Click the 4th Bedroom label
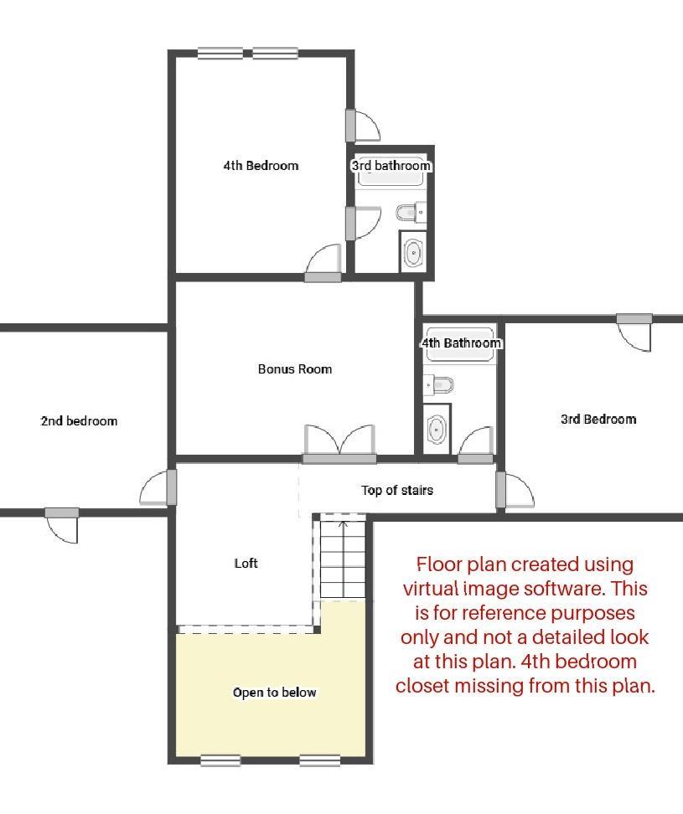point(261,166)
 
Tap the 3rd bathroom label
point(391,166)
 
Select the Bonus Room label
point(294,369)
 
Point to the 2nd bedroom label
point(79,421)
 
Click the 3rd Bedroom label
point(598,420)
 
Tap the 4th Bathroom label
point(461,343)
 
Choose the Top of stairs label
point(397,490)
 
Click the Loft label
point(246,564)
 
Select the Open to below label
point(275,693)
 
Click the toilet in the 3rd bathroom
point(410,213)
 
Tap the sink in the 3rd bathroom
point(413,251)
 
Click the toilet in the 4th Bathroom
point(440,384)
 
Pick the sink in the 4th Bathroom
point(437,429)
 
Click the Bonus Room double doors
point(339,443)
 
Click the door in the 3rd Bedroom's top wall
point(634,332)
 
